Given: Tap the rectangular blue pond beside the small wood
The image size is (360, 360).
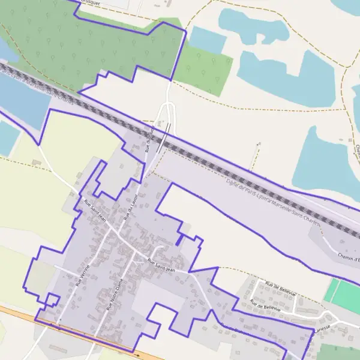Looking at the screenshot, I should pyautogui.click(x=207, y=40).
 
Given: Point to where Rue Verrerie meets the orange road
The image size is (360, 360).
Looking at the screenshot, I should pyautogui.click(x=58, y=328).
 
